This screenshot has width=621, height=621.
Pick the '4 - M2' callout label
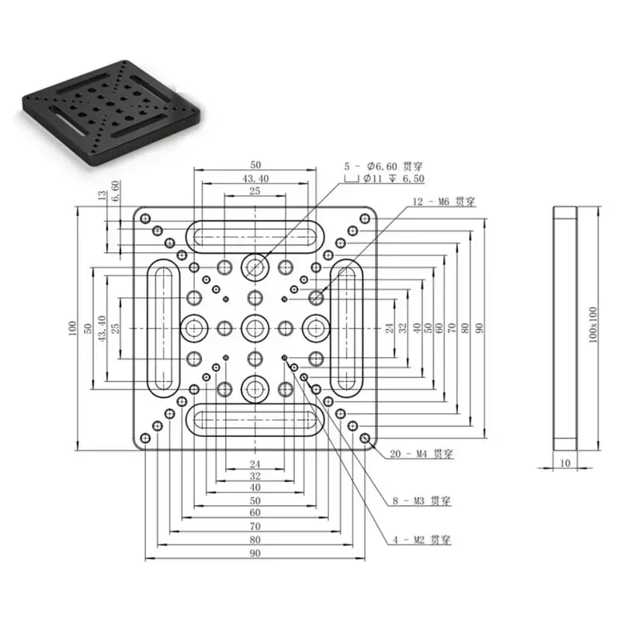coord(409,539)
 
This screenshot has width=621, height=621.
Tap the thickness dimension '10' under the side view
coord(565,463)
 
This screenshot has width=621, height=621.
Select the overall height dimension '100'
coord(72,328)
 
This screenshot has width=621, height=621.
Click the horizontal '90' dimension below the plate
coord(255,553)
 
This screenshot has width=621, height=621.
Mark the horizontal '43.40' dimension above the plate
coord(255,179)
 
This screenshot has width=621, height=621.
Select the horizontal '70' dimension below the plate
coord(255,526)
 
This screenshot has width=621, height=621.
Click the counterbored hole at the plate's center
coord(255,328)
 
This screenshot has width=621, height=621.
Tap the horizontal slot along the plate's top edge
coord(255,233)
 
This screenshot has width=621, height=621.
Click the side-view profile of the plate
coord(565,328)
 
